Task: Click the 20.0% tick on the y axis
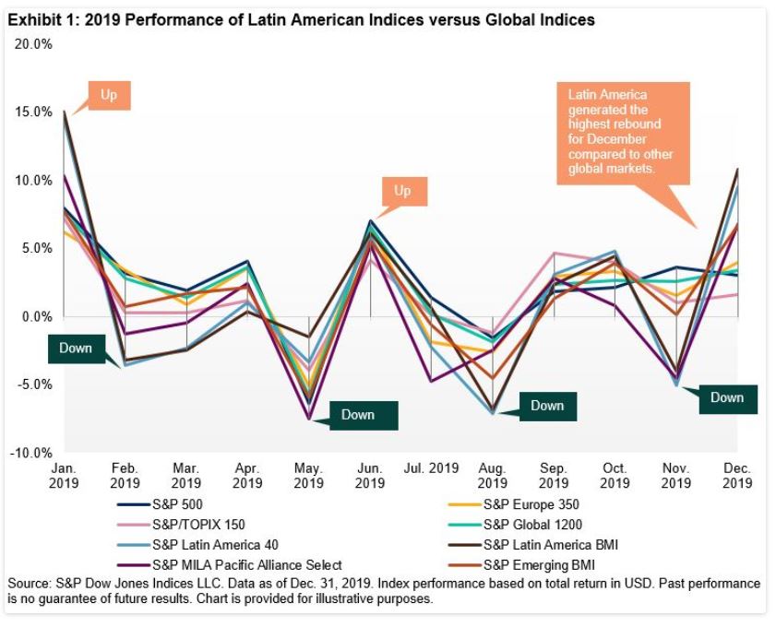(x=33, y=43)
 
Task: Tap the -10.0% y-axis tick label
(x=31, y=453)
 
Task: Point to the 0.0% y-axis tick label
(x=37, y=316)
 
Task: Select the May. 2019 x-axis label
(x=308, y=475)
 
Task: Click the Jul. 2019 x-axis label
(x=431, y=468)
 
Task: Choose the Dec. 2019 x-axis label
(x=736, y=475)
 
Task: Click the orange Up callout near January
(x=109, y=95)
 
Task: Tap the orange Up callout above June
(x=402, y=191)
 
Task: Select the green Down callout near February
(x=76, y=348)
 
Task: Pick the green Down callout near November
(x=727, y=397)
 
